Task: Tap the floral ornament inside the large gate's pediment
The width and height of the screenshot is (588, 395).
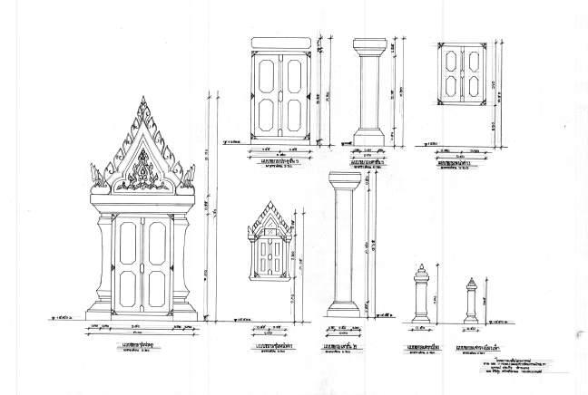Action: click(144, 169)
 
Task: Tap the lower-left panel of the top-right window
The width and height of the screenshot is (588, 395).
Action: click(451, 89)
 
